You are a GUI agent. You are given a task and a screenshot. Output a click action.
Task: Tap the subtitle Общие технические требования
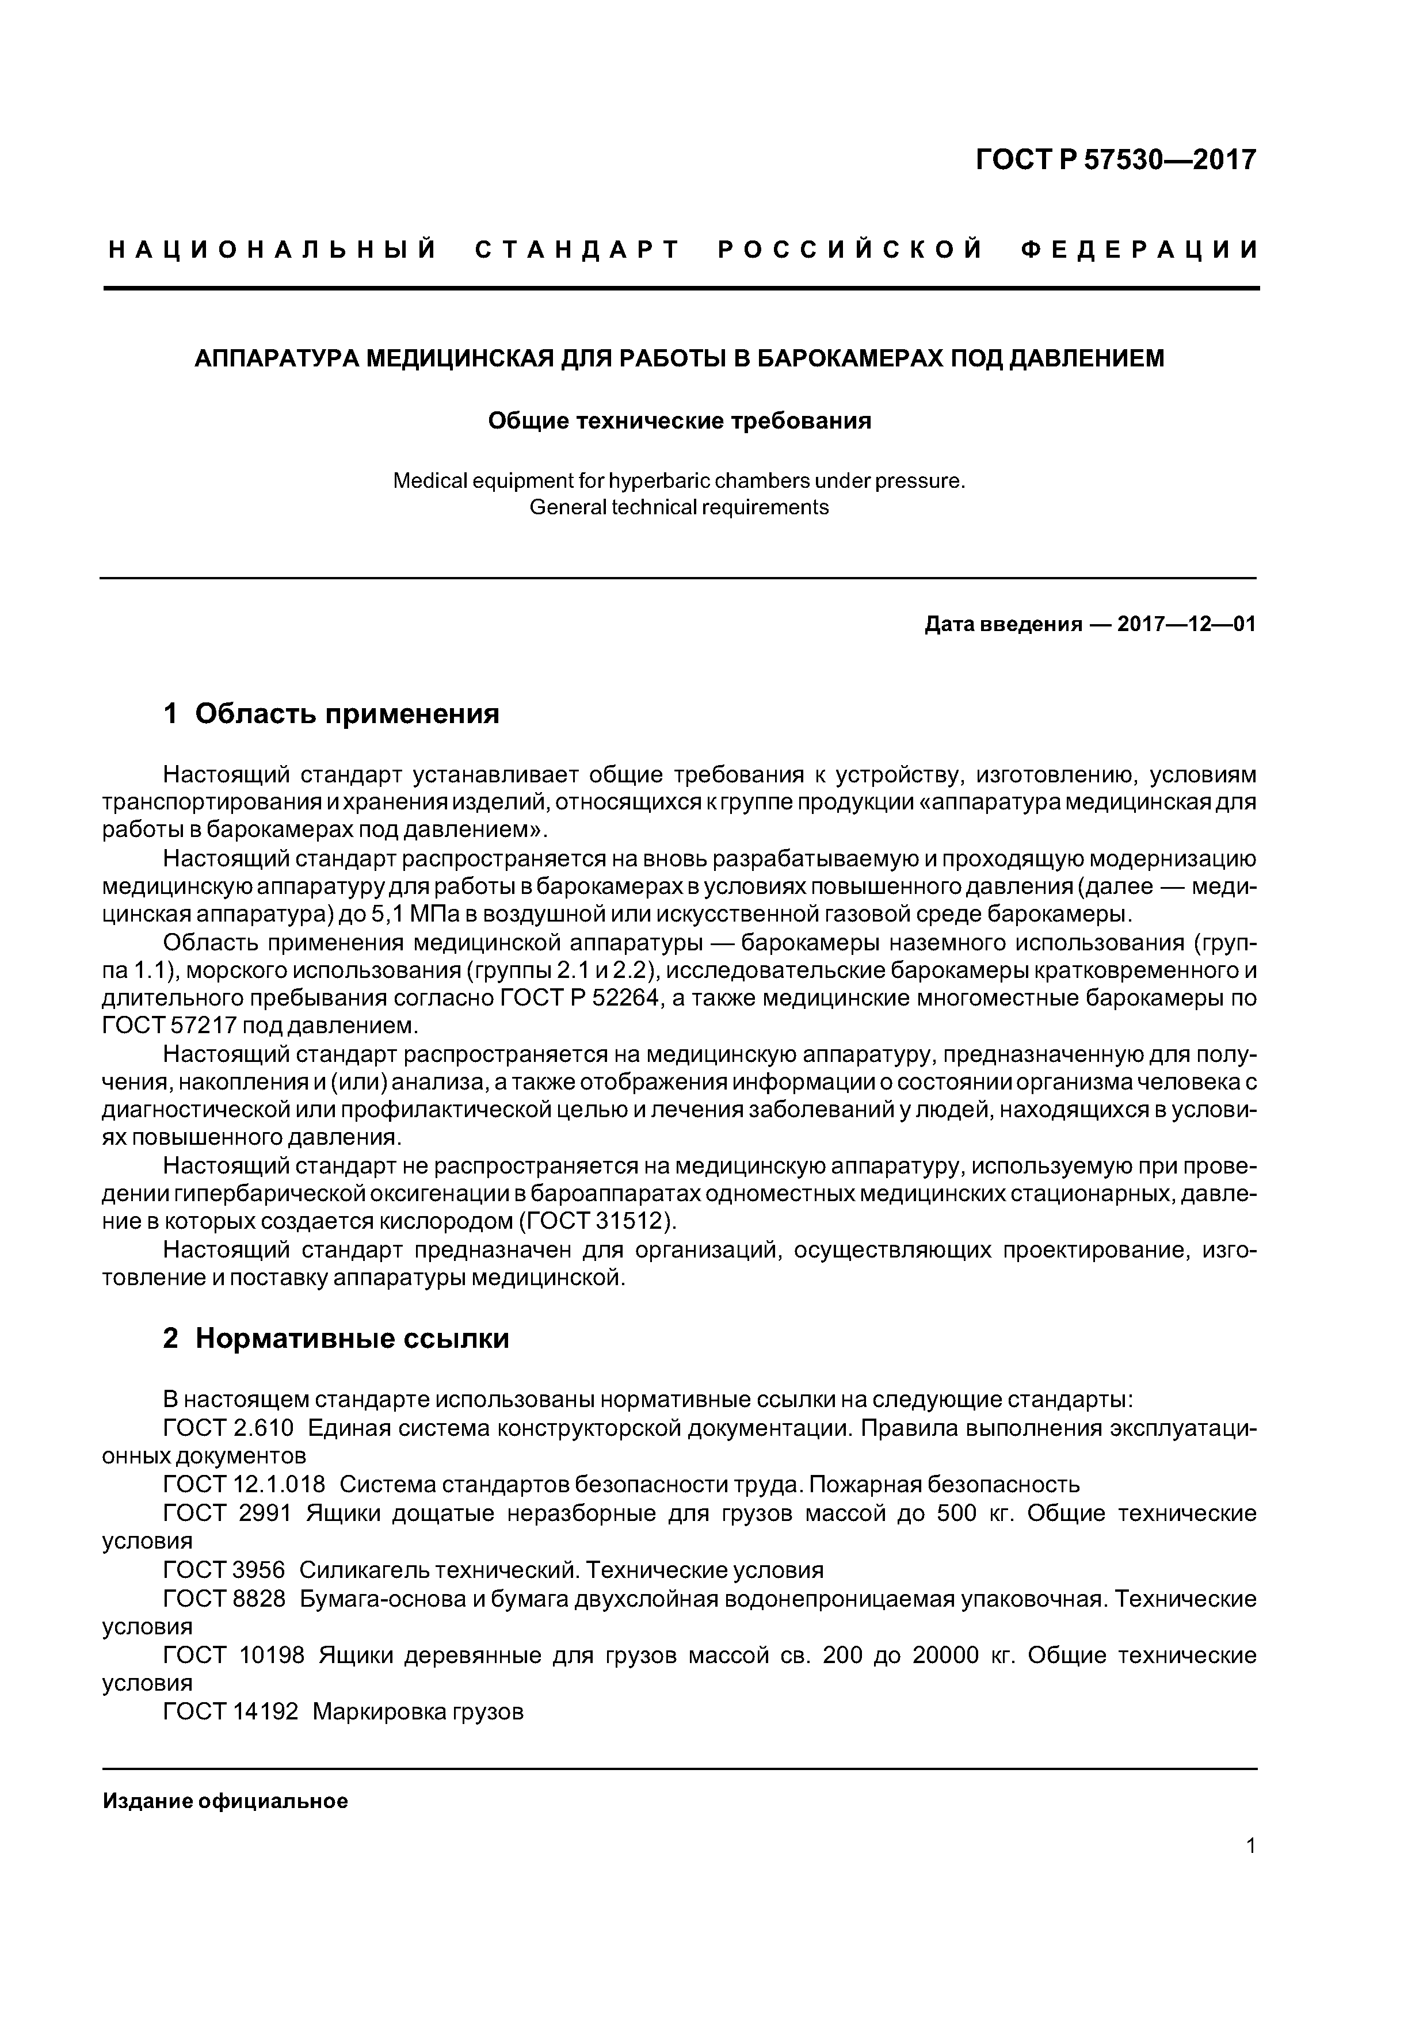click(679, 422)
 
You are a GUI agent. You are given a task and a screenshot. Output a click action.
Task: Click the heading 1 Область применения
click(331, 714)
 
